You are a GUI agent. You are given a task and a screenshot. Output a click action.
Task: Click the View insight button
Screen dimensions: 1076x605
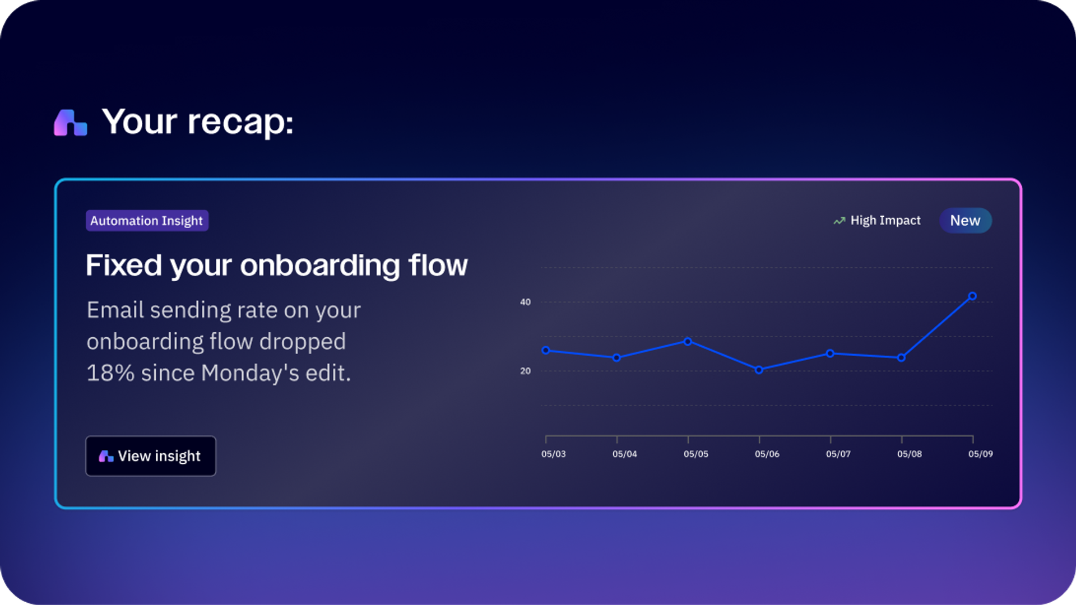(150, 456)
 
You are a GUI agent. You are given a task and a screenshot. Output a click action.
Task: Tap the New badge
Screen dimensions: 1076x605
(965, 221)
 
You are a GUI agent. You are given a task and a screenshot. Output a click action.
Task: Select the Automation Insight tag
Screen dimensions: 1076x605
(147, 221)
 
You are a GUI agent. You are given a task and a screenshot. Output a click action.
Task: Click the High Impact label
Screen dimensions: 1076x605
(885, 221)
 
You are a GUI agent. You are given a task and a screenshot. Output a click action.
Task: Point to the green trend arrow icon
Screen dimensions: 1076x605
(839, 221)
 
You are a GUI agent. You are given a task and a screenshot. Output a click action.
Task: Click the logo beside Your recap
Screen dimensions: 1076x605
(70, 122)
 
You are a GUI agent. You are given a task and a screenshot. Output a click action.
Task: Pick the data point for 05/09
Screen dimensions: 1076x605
(972, 296)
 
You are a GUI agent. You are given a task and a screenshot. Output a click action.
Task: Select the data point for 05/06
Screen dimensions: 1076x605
(759, 370)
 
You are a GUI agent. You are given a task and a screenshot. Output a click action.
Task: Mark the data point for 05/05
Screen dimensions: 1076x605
(688, 341)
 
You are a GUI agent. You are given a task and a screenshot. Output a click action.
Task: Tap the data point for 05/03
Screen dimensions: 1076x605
(546, 350)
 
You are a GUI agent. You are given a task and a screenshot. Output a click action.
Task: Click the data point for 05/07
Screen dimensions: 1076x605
(830, 353)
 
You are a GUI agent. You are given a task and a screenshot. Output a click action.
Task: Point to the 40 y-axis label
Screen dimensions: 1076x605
(525, 302)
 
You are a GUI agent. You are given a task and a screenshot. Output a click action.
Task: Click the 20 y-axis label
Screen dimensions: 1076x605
(525, 371)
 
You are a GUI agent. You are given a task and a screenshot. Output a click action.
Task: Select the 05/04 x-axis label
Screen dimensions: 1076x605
(624, 454)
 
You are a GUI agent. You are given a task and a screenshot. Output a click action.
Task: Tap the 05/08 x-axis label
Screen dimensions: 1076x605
(909, 454)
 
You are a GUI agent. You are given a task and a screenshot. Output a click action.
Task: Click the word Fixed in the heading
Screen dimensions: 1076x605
(124, 265)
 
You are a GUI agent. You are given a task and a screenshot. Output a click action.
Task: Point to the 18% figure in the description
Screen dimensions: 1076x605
(110, 373)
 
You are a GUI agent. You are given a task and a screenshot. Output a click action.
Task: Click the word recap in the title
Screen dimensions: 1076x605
(240, 122)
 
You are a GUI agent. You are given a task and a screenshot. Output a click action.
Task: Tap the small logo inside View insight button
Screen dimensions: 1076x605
(106, 457)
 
